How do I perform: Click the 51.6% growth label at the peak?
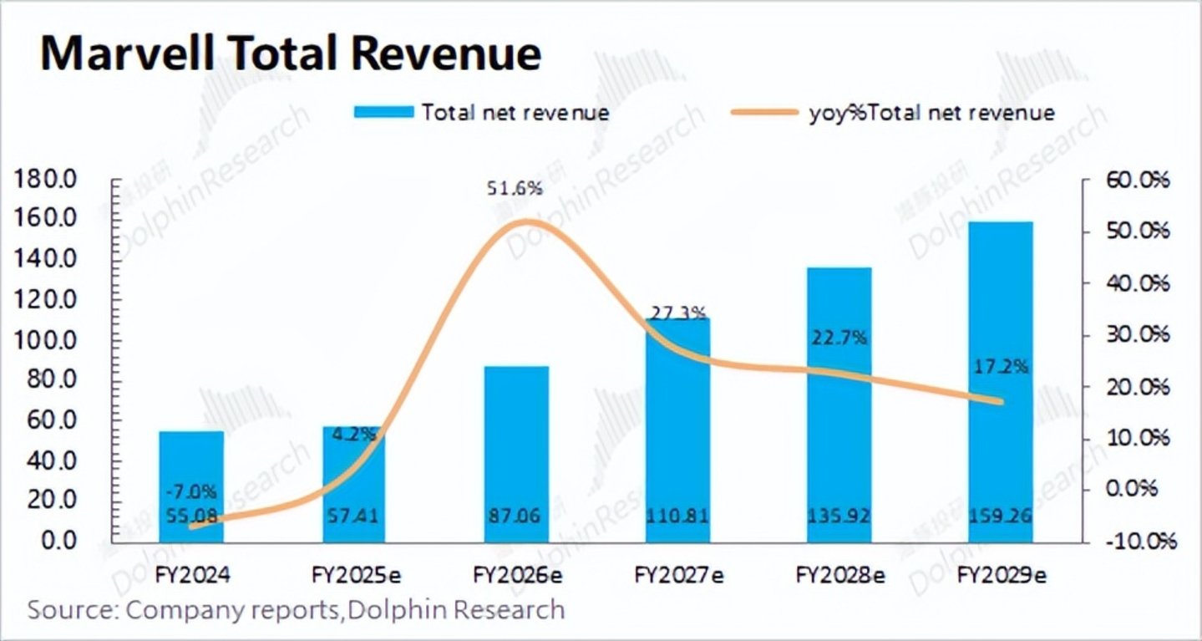[515, 189]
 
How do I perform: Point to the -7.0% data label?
[191, 491]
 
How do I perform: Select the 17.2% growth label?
[1001, 366]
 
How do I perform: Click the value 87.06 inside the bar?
[516, 516]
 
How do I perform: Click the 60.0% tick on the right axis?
[1139, 181]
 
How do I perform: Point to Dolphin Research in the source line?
[456, 609]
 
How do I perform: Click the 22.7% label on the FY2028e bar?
[839, 338]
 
